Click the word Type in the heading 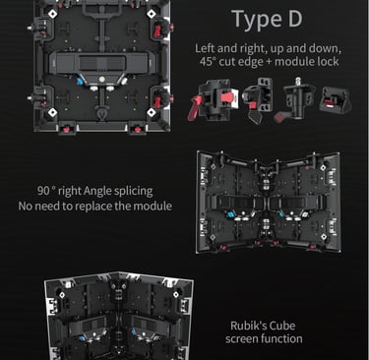coord(257,20)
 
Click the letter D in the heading coord(295,19)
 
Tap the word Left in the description coord(205,48)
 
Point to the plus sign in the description coord(269,62)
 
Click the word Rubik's coord(248,326)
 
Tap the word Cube coord(282,326)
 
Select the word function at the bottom coord(281,338)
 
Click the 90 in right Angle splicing coord(43,191)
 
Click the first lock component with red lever coord(213,100)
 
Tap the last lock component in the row coord(336,99)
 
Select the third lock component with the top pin coord(297,98)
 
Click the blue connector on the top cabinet coord(80,81)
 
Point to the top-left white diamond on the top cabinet coord(52,14)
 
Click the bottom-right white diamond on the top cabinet coord(152,112)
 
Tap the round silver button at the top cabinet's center coord(101,79)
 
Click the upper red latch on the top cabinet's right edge coord(157,30)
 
